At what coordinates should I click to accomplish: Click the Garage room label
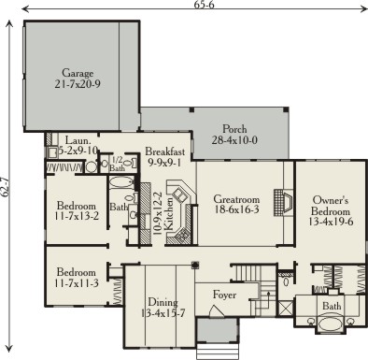tap(78, 73)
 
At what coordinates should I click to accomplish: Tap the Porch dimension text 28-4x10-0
tap(234, 140)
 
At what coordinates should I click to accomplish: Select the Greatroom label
tap(236, 199)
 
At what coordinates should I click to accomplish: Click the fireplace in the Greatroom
tap(283, 202)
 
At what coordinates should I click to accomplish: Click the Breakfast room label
tap(165, 151)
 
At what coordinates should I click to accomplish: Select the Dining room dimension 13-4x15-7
tap(163, 313)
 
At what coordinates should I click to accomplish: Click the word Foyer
tap(224, 295)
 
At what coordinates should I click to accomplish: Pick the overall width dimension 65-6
tap(205, 5)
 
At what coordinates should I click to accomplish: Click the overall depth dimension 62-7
tap(5, 187)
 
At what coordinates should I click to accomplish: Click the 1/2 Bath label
tap(118, 165)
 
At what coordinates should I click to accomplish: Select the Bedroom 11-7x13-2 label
tap(77, 210)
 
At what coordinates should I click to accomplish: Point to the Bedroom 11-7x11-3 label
tap(77, 278)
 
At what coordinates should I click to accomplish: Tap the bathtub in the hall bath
tap(121, 182)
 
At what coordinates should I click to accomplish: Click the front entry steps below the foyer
tap(218, 352)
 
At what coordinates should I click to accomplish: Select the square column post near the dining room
tap(195, 266)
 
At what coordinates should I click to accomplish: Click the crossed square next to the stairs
tap(286, 307)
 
